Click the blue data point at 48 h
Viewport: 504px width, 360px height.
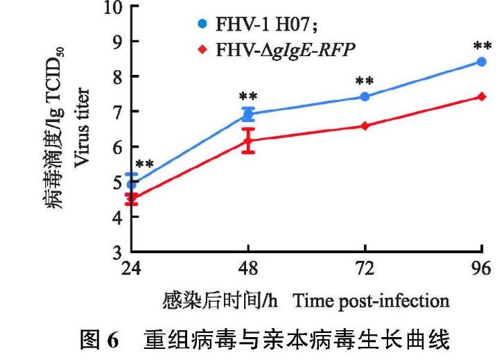(x=248, y=114)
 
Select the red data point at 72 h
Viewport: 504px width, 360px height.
(x=365, y=126)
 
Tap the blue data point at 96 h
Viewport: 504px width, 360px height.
(x=482, y=62)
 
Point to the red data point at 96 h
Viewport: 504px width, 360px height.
(x=482, y=96)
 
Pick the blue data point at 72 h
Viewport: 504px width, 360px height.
(x=365, y=96)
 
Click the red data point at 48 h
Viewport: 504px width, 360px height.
(x=248, y=140)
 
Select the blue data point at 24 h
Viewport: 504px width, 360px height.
(x=132, y=184)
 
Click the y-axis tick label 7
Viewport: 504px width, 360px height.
(x=115, y=112)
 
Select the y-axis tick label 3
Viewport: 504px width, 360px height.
(x=115, y=252)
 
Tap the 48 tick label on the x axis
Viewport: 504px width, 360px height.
(x=248, y=269)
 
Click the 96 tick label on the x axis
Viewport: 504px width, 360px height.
(x=482, y=269)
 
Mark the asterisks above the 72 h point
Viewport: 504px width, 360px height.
(x=365, y=82)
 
